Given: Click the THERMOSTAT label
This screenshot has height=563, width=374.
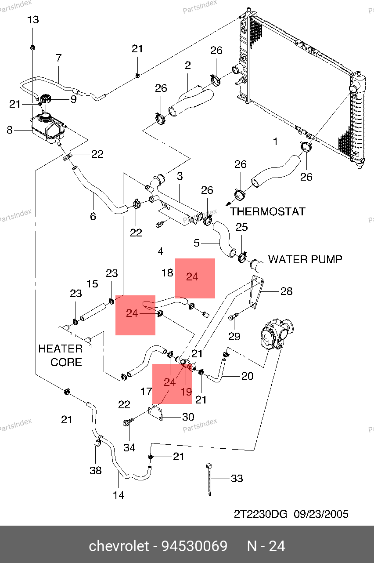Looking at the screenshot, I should coord(267,211).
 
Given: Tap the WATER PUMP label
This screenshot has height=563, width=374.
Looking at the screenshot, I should coord(305,259).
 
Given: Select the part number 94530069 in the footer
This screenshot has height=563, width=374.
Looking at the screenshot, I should coord(194,546).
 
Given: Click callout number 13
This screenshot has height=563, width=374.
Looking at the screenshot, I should coord(33,20).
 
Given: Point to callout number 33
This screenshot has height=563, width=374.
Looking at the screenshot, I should coord(237,478).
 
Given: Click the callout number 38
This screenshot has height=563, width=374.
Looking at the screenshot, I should coord(96,471).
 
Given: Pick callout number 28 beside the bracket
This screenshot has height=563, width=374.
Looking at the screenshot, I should coord(286,291).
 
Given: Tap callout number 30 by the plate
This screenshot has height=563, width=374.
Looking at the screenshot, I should coord(188,417).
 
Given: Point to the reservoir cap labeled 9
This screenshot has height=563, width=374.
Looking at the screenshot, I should coord(45,98).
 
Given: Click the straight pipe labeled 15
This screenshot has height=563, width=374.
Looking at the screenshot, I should coord(93,312).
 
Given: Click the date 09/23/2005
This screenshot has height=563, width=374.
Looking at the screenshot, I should coord(321,514).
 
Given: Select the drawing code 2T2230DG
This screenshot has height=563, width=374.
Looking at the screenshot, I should coord(260,514).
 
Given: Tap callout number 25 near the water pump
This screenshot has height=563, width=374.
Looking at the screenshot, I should coord(242,227).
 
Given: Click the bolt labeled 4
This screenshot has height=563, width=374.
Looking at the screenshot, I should coord(160,225).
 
